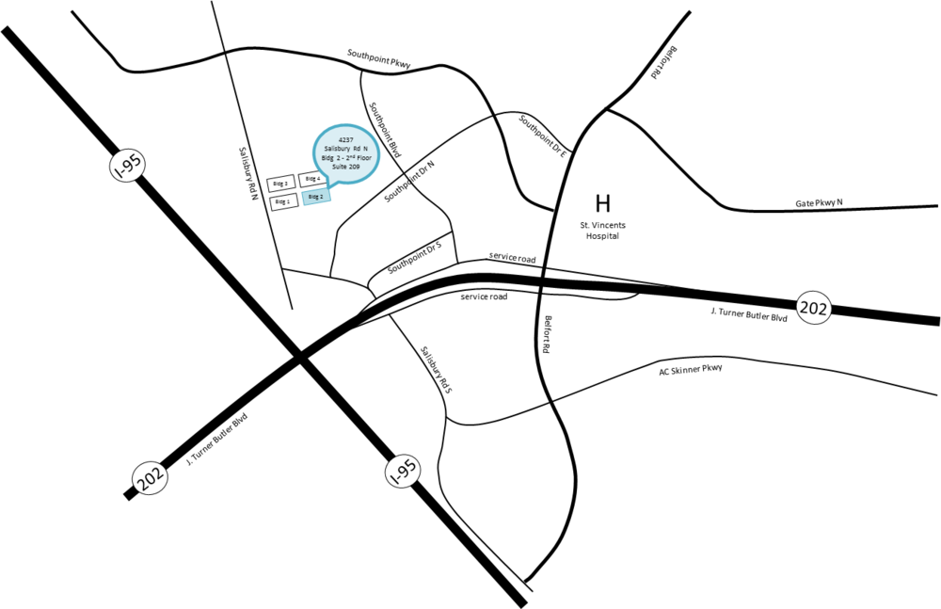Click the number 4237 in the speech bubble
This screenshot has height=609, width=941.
[346, 139]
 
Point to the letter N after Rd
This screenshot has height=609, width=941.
[366, 149]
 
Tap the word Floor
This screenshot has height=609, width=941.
[364, 158]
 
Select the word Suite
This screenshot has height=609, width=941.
[339, 167]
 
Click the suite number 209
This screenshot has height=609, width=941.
[354, 167]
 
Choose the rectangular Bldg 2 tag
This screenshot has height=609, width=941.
[316, 197]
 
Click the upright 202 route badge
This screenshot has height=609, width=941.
[814, 308]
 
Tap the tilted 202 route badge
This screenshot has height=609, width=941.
[150, 478]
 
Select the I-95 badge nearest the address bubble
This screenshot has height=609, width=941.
[127, 166]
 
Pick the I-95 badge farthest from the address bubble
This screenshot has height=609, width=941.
[403, 472]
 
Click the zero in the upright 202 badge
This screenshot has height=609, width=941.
[814, 308]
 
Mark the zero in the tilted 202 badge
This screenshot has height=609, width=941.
[150, 478]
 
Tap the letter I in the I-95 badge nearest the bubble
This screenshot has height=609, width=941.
[117, 173]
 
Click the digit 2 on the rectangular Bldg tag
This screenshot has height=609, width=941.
[322, 196]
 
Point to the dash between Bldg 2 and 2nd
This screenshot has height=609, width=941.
[343, 158]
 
